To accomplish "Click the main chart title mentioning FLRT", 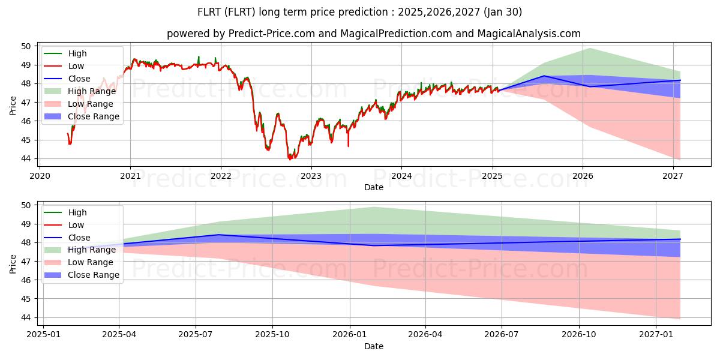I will click(x=359, y=12).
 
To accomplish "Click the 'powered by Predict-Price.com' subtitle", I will click(x=373, y=34).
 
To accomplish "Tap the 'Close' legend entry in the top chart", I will click(x=79, y=79).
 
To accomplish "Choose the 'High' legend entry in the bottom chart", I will click(x=77, y=212).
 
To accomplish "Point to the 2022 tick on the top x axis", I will click(x=221, y=176).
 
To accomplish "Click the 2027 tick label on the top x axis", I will click(x=673, y=176).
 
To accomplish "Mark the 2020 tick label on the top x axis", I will click(x=40, y=176).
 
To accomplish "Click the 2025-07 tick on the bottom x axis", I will click(x=196, y=335).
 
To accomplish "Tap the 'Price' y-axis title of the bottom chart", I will click(x=13, y=263).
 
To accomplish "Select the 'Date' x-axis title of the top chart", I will click(x=373, y=188).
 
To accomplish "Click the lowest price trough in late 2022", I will click(x=290, y=159).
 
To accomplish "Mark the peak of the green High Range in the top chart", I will click(x=590, y=48).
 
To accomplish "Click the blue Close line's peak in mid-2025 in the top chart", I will click(x=544, y=76).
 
